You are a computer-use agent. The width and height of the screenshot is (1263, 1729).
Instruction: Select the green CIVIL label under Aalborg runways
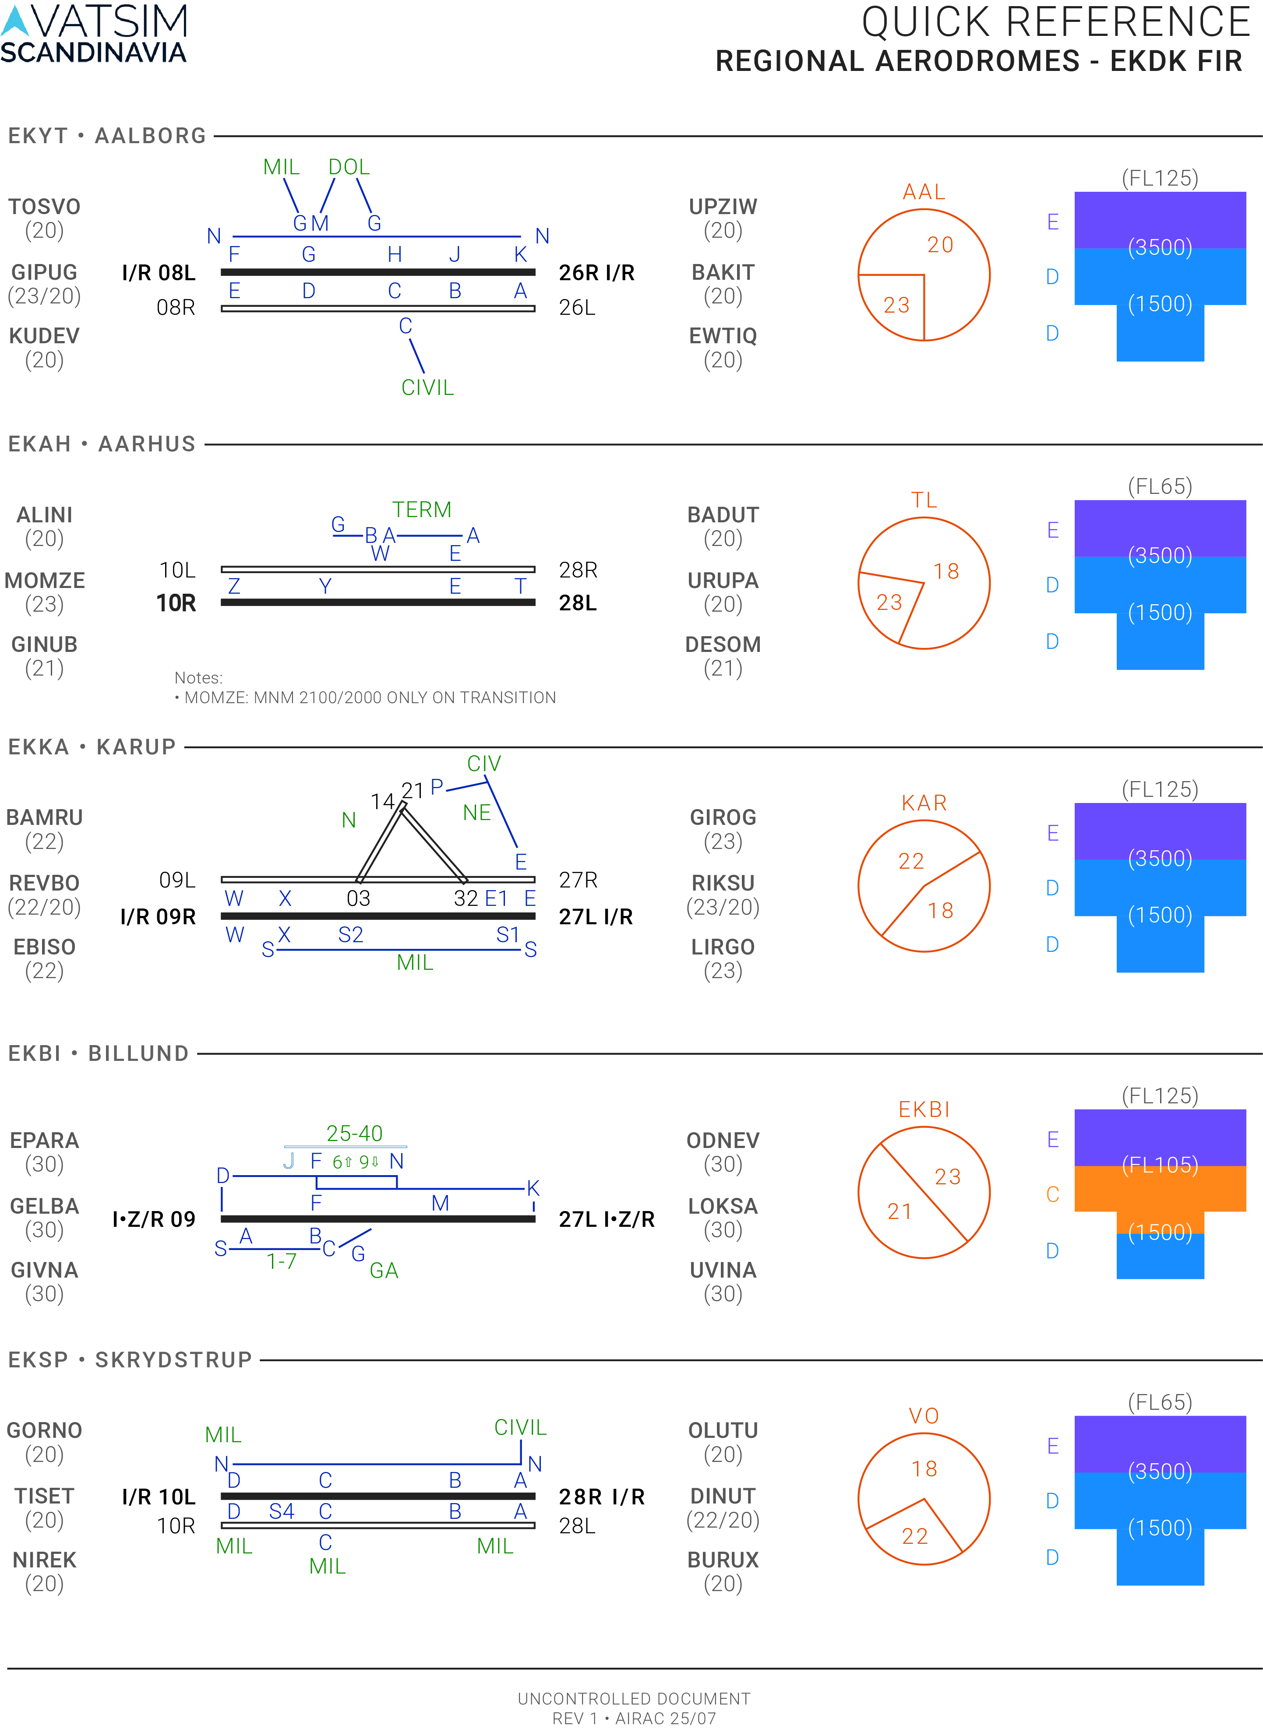(x=427, y=387)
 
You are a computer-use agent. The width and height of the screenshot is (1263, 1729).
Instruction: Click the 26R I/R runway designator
(x=596, y=273)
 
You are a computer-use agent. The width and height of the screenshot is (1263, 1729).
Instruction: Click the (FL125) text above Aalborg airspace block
(x=1160, y=178)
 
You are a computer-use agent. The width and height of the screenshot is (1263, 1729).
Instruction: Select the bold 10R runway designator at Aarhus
(x=176, y=603)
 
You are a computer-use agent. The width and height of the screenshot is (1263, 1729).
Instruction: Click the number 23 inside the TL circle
(x=889, y=602)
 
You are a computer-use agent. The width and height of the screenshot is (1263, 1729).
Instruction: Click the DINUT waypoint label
(x=723, y=1496)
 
